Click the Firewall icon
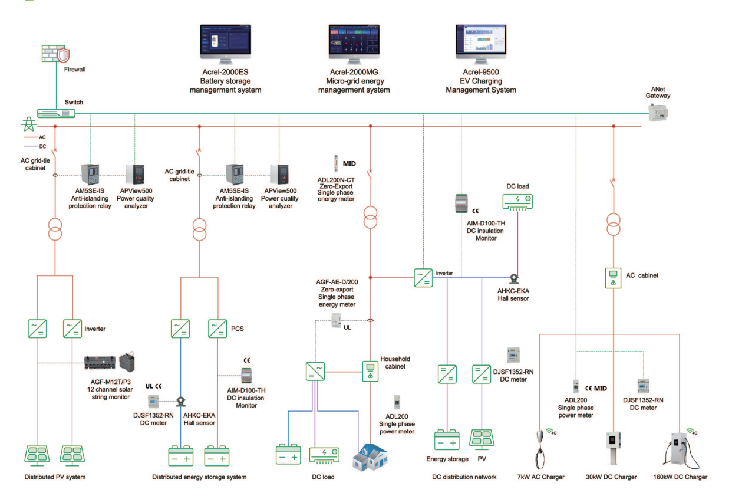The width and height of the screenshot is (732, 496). tap(56, 55)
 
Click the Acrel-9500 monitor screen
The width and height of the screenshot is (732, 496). tap(480, 42)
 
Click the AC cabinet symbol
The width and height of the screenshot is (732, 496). tap(613, 278)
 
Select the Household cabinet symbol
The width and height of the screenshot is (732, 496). tap(370, 371)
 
